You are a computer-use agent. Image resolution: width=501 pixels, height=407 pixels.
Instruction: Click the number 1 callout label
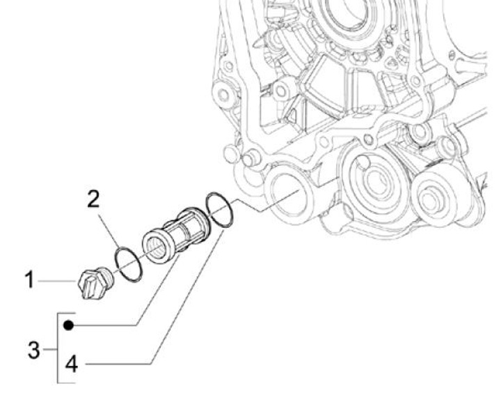click(29, 281)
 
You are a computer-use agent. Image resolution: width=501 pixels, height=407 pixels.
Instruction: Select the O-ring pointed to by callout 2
click(129, 262)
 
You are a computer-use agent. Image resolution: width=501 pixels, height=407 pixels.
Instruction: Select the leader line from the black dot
click(125, 325)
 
